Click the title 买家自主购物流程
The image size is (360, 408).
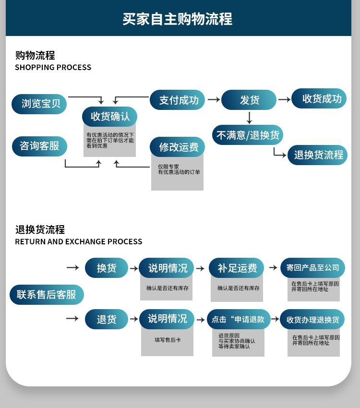point(178,19)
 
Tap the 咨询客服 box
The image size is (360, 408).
point(39,146)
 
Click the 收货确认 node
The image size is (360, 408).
point(110,117)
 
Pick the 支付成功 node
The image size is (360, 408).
point(178,100)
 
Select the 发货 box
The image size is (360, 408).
point(249,100)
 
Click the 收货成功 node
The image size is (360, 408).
point(319,99)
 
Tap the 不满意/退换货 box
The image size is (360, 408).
point(248,135)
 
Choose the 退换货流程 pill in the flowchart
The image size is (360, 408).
point(318,155)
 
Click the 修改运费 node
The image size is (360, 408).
point(178,147)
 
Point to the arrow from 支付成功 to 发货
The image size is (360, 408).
point(214,100)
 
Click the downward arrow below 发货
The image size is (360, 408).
point(249,118)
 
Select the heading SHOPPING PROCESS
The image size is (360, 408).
point(53,68)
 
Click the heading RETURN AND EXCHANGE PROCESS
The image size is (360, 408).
point(79,242)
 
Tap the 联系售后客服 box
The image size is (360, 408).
point(47,295)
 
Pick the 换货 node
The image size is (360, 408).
point(107,268)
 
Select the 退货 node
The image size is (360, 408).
point(107,319)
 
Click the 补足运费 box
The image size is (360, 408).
point(237,268)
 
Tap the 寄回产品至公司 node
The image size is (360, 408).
point(312,268)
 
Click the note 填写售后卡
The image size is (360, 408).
point(168,340)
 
